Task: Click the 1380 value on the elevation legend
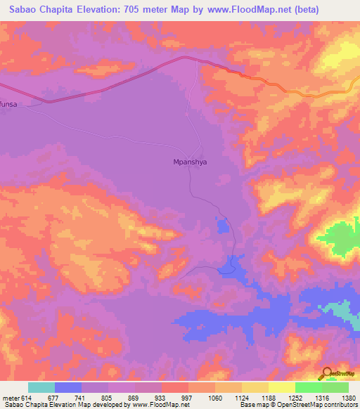coord(348,398)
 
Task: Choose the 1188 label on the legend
coord(268,398)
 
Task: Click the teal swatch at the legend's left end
coord(41,387)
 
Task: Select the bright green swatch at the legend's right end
coord(335,387)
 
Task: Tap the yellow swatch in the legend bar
coord(281,387)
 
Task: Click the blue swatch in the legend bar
coord(68,387)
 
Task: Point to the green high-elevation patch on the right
coord(341,239)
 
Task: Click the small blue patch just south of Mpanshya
coord(222,226)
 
